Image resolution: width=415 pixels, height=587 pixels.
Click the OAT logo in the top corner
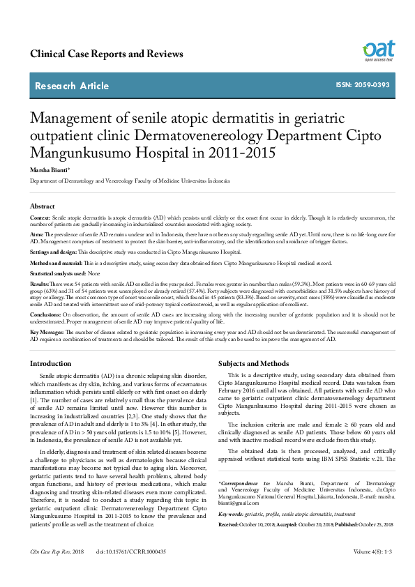378,50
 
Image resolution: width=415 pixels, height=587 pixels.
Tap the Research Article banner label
82,86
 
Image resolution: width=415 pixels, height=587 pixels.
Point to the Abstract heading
43,206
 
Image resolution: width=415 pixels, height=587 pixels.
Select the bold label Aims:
37,235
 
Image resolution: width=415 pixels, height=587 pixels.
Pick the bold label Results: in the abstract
40,285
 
